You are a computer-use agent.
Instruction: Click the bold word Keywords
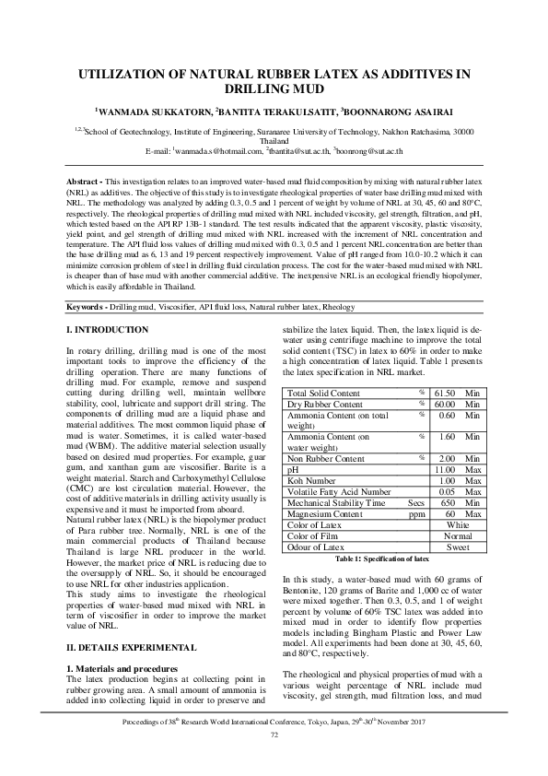coord(90,280)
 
